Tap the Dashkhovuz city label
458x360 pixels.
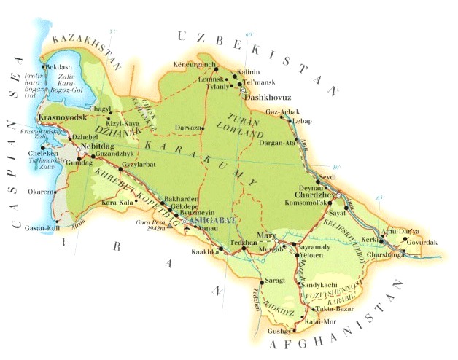coord(267,98)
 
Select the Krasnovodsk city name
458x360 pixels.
coord(63,117)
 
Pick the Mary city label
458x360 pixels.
coord(265,236)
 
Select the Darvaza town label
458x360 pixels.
coord(187,128)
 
